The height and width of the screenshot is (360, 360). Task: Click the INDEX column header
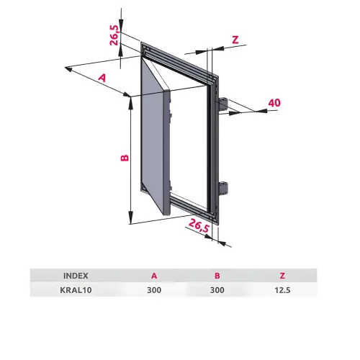[76, 276]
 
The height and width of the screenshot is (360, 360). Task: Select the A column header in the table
[154, 276]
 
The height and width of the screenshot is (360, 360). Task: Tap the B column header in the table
[217, 276]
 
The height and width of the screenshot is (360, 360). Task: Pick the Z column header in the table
[282, 276]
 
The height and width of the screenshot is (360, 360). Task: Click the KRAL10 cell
[76, 290]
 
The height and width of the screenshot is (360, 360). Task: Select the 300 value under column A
[154, 290]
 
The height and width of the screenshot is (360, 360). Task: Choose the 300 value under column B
[217, 290]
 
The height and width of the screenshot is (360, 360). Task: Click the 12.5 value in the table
[282, 290]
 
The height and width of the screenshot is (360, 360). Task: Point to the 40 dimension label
[274, 103]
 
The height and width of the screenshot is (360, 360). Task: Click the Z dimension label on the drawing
[235, 40]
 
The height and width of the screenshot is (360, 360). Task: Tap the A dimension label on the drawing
[102, 78]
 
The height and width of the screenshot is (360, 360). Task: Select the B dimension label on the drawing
[125, 158]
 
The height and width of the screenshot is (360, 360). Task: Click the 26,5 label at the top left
[114, 35]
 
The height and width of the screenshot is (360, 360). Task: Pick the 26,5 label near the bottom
[199, 225]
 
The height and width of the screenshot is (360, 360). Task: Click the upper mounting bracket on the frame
[223, 105]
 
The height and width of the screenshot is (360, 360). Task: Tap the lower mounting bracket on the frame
[224, 189]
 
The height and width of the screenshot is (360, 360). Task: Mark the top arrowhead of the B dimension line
[131, 102]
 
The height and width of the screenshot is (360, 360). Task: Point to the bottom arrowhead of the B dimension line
[130, 217]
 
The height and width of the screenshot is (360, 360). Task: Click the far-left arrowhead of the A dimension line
[68, 69]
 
